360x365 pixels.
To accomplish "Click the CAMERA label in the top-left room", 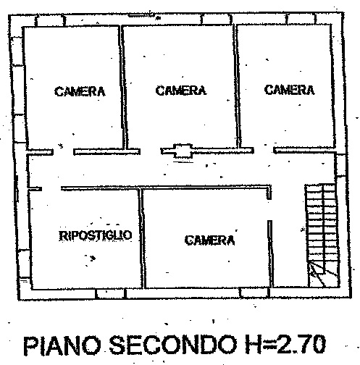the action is coord(80,91).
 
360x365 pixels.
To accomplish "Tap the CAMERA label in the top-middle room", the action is coord(181,91).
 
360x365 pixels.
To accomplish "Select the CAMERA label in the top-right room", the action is coord(289,90).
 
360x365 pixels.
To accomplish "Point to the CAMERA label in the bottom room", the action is coord(209,240).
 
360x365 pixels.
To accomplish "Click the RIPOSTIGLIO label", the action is coord(96,235).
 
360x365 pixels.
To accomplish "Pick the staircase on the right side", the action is coord(322,235).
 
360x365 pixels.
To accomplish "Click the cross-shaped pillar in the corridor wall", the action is coord(183,151).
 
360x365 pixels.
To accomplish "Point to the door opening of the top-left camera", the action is coord(63,152).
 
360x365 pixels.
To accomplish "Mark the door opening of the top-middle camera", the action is coord(151,151).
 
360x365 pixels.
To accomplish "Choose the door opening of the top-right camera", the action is coord(264,151).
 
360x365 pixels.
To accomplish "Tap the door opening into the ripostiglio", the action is coord(51,188).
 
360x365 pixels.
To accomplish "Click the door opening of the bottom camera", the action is coord(269,210).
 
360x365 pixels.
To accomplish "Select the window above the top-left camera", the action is coord(50,21).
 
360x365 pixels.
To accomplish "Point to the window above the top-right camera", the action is coord(301,19).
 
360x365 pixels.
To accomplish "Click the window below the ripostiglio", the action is coord(111,293).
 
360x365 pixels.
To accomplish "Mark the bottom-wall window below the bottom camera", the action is coord(254,293).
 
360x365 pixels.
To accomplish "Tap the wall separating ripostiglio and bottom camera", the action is coord(142,238).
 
